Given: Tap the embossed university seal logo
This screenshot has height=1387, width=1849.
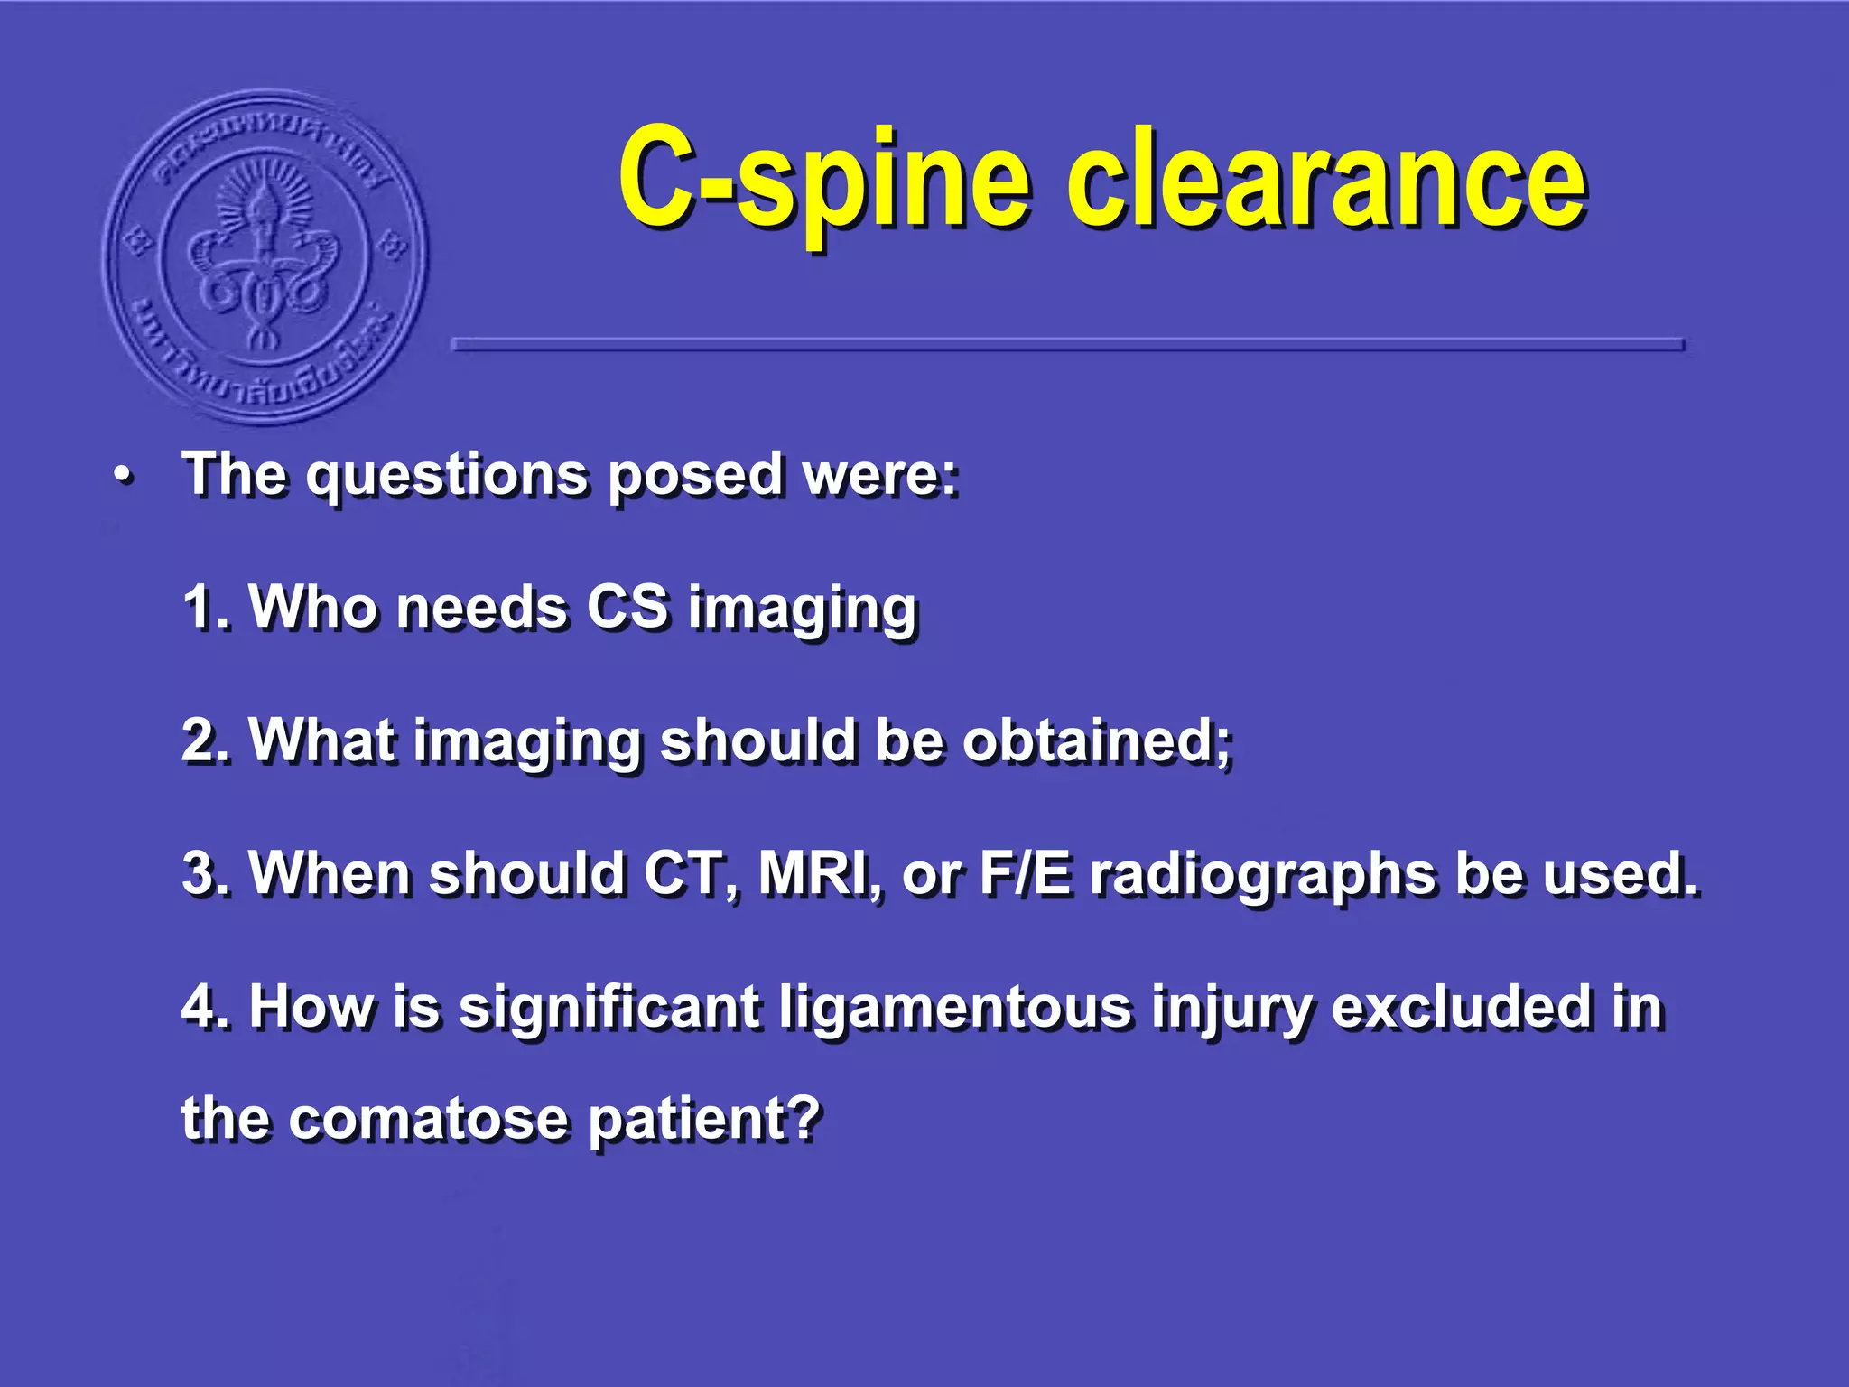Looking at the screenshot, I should pos(265,258).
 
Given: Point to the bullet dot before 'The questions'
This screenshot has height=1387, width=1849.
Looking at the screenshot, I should pos(124,476).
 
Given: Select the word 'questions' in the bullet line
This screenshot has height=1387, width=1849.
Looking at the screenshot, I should pos(447,476).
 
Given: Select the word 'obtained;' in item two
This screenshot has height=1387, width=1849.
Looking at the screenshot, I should pos(1096,740).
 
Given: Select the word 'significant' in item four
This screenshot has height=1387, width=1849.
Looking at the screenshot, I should pos(609,1006).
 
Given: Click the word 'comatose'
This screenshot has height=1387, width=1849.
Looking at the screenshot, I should pos(428,1119).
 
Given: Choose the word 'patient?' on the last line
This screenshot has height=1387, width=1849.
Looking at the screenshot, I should pos(704,1119).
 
